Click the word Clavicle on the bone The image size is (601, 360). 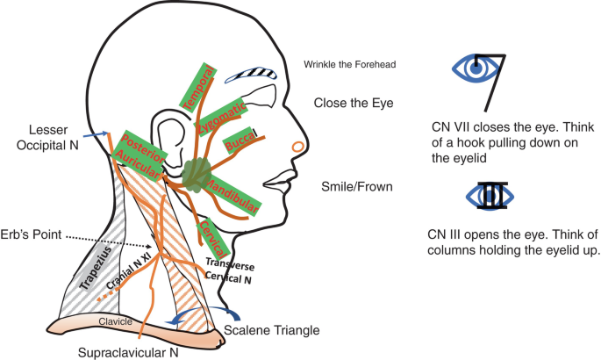click(115, 321)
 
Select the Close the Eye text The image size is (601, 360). click(354, 103)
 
